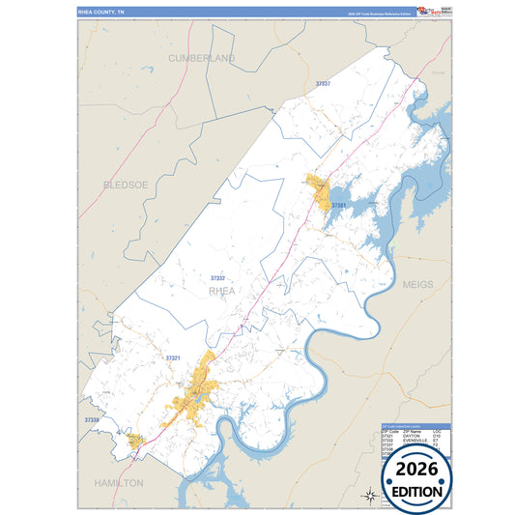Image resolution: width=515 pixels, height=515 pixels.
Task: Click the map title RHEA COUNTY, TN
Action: (108, 12)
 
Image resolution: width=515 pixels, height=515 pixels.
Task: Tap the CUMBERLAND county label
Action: (202, 59)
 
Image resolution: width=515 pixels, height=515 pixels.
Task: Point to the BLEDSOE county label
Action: (127, 184)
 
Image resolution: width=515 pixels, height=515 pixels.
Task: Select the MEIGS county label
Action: (418, 285)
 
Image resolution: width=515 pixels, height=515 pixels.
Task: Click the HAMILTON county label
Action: (119, 481)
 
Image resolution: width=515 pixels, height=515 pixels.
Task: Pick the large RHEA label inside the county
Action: (222, 290)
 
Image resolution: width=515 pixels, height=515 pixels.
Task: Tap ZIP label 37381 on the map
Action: (339, 206)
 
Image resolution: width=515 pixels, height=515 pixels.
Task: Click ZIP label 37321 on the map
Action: (174, 358)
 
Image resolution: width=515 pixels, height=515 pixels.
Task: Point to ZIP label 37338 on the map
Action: (92, 420)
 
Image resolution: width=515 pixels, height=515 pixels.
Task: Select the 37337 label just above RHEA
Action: (218, 278)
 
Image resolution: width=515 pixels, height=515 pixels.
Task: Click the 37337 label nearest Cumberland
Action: (323, 84)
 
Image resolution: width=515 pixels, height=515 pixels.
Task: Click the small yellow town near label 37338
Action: (136, 441)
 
